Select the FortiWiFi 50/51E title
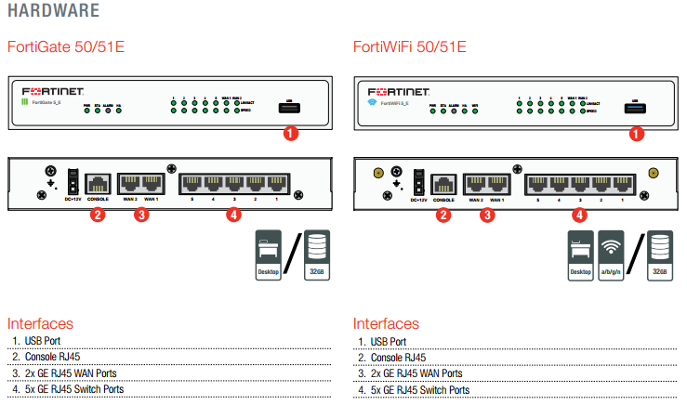(410, 46)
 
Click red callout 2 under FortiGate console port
(96, 216)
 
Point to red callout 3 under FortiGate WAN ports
(141, 216)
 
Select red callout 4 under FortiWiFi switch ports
(580, 216)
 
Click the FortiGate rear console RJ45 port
(97, 183)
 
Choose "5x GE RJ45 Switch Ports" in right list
(415, 389)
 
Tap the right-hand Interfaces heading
(386, 324)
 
